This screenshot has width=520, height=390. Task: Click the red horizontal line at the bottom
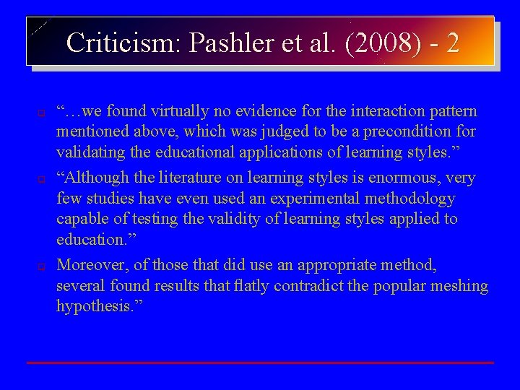260,362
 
